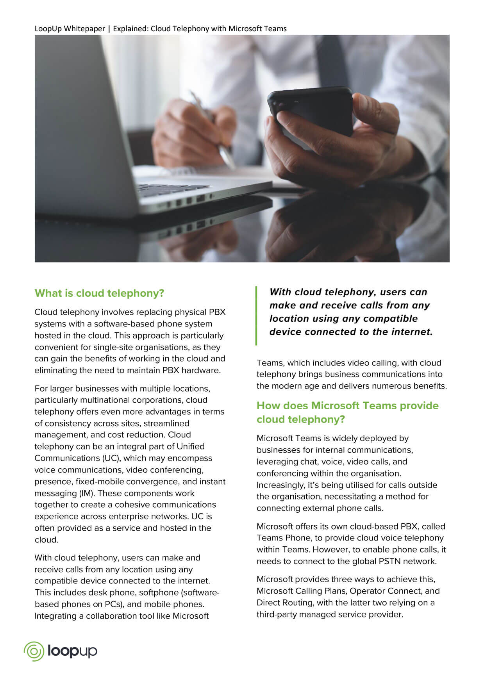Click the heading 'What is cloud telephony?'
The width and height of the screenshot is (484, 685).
point(99,293)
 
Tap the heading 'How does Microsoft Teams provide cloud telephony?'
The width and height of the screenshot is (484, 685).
point(347,412)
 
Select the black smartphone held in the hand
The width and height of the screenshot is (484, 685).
point(309,113)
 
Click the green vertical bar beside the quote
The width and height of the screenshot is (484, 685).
point(256,316)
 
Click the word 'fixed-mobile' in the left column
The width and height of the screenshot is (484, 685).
point(100,482)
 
